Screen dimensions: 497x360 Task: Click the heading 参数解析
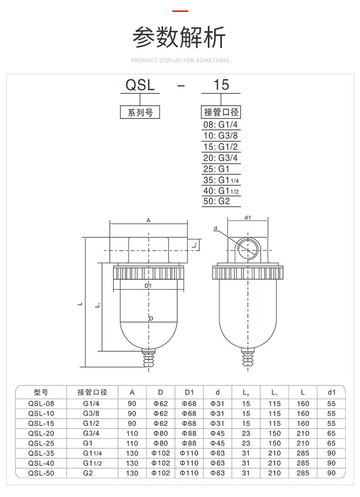point(179,38)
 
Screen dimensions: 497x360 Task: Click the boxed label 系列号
point(140,113)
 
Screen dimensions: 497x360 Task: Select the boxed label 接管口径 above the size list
point(221,113)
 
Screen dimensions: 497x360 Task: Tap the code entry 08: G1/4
point(221,125)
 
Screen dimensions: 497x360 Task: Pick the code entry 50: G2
point(217,201)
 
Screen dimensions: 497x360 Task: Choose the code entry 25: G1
point(216,169)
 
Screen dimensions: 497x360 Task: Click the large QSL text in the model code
point(140,85)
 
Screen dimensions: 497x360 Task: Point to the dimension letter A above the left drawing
point(149,220)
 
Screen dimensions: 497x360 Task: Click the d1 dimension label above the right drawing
point(247,218)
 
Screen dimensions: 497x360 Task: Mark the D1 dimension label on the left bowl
point(148,286)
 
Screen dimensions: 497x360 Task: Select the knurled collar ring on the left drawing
point(149,273)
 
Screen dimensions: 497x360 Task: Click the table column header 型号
point(41,392)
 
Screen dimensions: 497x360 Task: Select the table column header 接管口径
point(92,392)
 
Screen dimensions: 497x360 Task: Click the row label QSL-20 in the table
point(41,433)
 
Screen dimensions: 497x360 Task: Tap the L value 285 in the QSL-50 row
point(303,473)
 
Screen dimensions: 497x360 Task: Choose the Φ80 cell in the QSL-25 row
point(160,443)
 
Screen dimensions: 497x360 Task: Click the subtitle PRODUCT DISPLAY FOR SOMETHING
point(180,60)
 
